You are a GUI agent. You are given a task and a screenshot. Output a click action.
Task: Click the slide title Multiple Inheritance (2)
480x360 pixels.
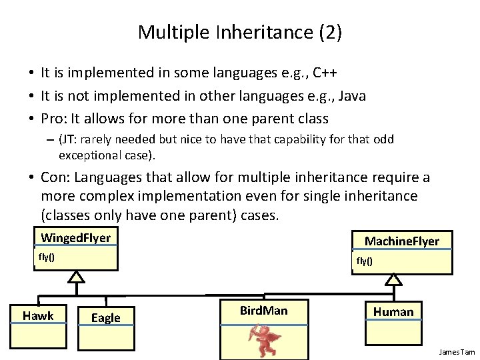pos(239,32)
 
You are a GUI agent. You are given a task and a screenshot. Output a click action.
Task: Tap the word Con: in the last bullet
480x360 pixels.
pos(57,177)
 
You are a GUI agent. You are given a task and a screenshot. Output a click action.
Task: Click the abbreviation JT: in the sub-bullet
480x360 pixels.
pos(70,140)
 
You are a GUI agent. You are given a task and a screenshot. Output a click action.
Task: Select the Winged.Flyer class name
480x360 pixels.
pos(75,238)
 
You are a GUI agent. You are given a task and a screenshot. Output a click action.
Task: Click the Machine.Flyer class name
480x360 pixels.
pos(401,241)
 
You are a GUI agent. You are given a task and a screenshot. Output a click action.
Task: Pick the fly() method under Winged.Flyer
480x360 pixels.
pos(47,257)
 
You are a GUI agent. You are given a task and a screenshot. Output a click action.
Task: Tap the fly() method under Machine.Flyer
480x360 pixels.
pos(365,261)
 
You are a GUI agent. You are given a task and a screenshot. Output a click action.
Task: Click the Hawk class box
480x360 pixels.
pos(38,316)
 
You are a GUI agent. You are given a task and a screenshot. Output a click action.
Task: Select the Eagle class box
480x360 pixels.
pos(106,318)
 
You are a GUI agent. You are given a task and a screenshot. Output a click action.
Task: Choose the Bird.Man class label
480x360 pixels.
pos(263,311)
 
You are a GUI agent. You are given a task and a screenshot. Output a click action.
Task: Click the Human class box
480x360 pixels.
pos(393,311)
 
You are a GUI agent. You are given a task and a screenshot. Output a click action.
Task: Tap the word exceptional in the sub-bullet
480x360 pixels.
pos(90,156)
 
